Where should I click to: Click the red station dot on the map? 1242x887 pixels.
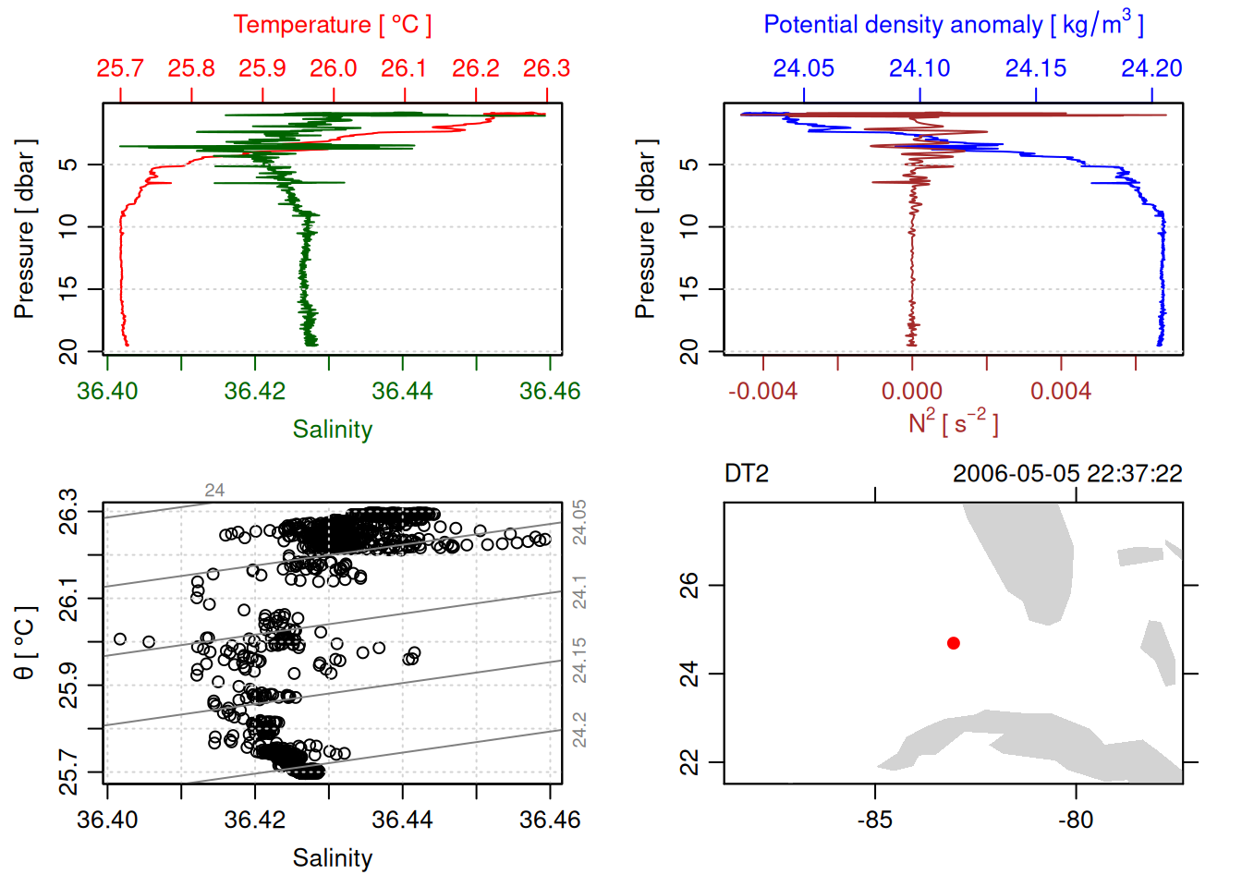point(954,643)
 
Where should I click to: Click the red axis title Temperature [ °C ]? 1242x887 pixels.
point(332,25)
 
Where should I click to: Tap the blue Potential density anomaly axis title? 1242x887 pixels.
point(953,24)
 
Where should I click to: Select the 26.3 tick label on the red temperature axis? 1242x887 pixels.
point(546,68)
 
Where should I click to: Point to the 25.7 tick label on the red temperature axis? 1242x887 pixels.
point(120,68)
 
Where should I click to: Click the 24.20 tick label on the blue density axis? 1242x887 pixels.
point(1151,68)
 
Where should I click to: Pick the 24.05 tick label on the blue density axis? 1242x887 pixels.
point(803,68)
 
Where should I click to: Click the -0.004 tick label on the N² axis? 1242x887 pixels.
point(762,391)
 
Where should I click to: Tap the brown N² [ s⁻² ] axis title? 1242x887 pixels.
point(953,423)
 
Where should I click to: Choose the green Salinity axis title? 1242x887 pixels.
point(332,430)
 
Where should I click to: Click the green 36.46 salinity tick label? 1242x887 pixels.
point(550,391)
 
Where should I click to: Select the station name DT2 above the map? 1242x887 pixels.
point(747,474)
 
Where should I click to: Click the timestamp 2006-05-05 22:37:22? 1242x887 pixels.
point(1067,474)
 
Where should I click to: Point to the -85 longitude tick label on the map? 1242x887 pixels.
point(874,820)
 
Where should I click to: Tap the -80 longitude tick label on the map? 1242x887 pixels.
point(1076,820)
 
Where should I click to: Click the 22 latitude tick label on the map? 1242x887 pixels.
point(689,762)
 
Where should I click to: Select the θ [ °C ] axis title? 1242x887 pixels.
point(25,643)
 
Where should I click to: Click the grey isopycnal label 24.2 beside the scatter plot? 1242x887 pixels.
point(579,730)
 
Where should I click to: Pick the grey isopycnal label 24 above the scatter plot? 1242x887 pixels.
point(214,491)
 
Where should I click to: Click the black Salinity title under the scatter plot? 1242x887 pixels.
point(332,858)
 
